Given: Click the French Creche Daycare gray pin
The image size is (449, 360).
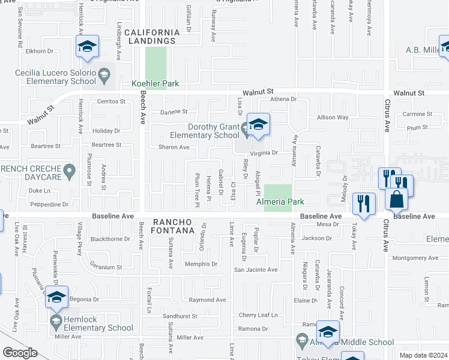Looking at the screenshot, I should [x=70, y=172].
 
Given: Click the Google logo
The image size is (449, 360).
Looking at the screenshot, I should [x=20, y=353].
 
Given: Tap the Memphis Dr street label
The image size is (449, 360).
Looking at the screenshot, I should [x=200, y=264].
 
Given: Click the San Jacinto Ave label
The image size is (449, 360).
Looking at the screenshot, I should [x=256, y=270].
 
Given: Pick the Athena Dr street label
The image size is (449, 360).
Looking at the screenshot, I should [x=284, y=100].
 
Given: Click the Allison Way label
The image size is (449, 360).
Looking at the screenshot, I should [x=333, y=118].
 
